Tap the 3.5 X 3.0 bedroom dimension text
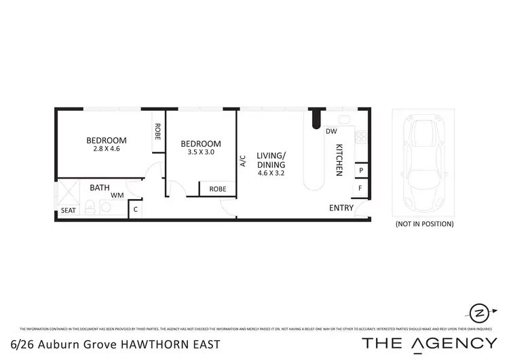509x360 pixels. coord(200,152)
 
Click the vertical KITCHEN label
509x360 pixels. coord(339,161)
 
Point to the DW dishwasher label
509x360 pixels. coord(332,131)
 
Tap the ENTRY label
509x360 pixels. coord(341,208)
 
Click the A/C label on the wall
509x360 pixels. coord(242,161)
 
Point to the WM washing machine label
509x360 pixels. coord(117,195)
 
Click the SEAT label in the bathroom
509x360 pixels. coord(69,211)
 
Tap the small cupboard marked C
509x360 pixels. coord(136,210)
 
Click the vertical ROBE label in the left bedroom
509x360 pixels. coord(157,131)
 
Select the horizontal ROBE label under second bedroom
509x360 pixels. coord(217,189)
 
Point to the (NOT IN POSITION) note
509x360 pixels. coord(423,223)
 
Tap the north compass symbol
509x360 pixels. coord(478,313)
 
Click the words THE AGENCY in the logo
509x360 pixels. coord(429,343)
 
